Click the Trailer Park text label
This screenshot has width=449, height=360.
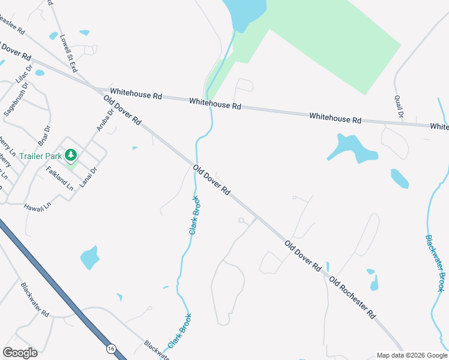(41, 156)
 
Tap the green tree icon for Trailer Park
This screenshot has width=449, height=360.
(71, 156)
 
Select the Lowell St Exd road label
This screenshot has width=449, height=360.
(68, 53)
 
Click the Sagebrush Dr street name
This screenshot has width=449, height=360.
(16, 100)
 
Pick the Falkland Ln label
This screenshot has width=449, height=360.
(59, 178)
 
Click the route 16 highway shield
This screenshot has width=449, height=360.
(111, 348)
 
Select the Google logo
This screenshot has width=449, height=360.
(20, 353)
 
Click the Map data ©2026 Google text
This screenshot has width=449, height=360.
(411, 355)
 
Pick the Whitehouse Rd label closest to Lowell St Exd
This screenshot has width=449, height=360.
(136, 95)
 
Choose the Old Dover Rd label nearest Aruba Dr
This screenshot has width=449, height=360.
(122, 110)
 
